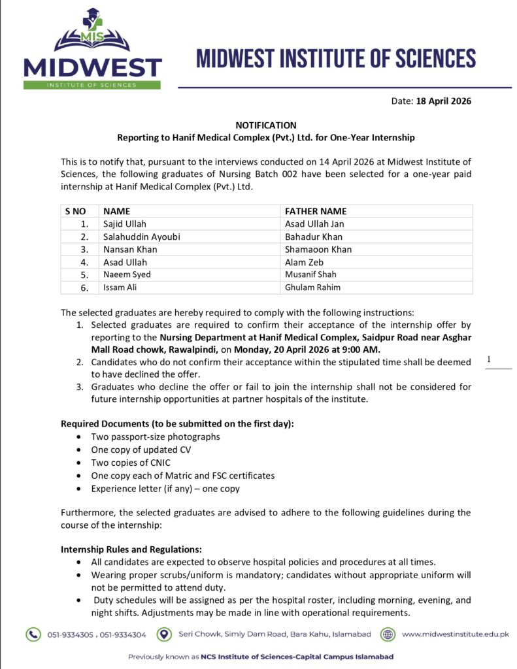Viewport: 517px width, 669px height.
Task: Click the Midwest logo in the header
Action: tap(92, 50)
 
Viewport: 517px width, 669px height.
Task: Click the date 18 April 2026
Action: tap(443, 101)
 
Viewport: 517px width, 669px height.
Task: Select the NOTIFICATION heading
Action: tap(266, 125)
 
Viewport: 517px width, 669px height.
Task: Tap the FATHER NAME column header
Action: tap(316, 211)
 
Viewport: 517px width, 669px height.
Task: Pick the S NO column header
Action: tap(76, 211)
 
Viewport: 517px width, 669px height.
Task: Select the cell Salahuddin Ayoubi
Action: tap(142, 237)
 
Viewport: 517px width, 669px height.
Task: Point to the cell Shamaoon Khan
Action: tap(318, 249)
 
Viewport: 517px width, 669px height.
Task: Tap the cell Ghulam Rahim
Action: tap(312, 287)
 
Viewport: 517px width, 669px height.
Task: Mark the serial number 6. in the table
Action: tap(84, 287)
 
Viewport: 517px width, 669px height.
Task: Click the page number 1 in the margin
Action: tap(488, 359)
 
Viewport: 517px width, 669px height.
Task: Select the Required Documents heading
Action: tap(177, 423)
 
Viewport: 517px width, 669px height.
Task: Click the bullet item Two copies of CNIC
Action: tap(131, 463)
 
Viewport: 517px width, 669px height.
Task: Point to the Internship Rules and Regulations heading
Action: tap(131, 549)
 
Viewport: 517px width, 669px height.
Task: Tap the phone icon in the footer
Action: tap(33, 634)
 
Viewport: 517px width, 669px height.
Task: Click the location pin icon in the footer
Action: tap(167, 634)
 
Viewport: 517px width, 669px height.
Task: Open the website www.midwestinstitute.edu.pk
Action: tap(455, 634)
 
